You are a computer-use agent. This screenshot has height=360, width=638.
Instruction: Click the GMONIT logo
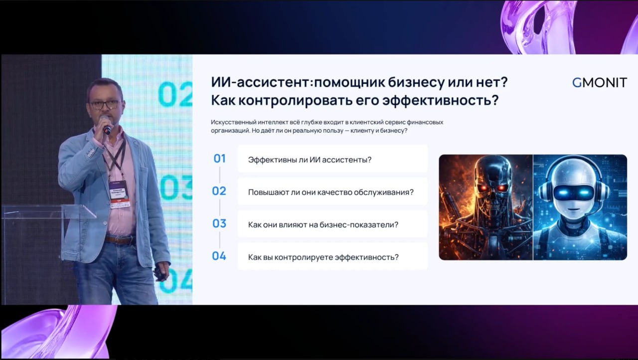[599, 83]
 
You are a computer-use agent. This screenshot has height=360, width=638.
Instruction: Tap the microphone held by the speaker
[105, 125]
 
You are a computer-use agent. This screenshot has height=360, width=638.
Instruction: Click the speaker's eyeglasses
[105, 104]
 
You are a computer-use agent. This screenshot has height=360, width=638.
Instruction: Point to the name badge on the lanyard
[119, 194]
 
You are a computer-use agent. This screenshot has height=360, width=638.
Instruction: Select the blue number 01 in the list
[220, 159]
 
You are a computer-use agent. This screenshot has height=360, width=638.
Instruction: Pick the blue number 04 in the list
[219, 256]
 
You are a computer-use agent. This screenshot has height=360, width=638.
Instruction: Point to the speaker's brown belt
[119, 239]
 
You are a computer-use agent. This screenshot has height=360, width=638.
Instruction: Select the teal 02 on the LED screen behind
[175, 94]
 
